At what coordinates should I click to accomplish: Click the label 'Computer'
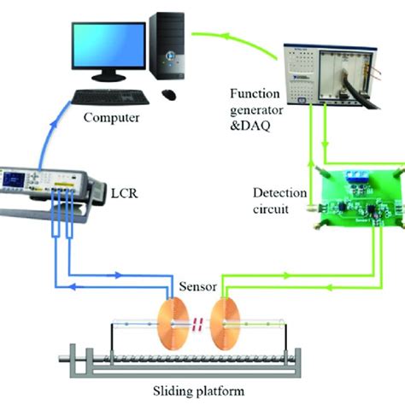click(111, 117)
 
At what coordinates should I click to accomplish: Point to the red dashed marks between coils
click(197, 325)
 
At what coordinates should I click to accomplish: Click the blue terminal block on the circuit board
click(360, 175)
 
